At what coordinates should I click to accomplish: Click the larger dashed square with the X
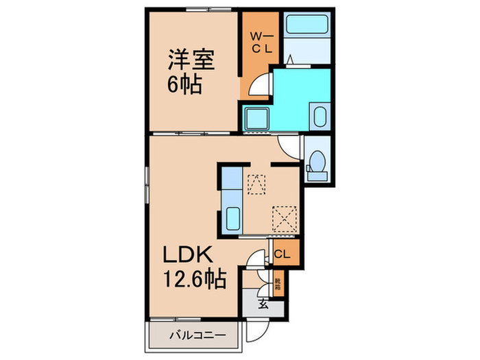click(x=284, y=217)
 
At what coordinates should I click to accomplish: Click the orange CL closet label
click(x=283, y=254)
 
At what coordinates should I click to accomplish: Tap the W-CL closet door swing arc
click(x=259, y=86)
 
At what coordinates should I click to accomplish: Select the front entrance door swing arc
click(x=257, y=333)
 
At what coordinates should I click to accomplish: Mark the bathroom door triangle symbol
click(x=291, y=60)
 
